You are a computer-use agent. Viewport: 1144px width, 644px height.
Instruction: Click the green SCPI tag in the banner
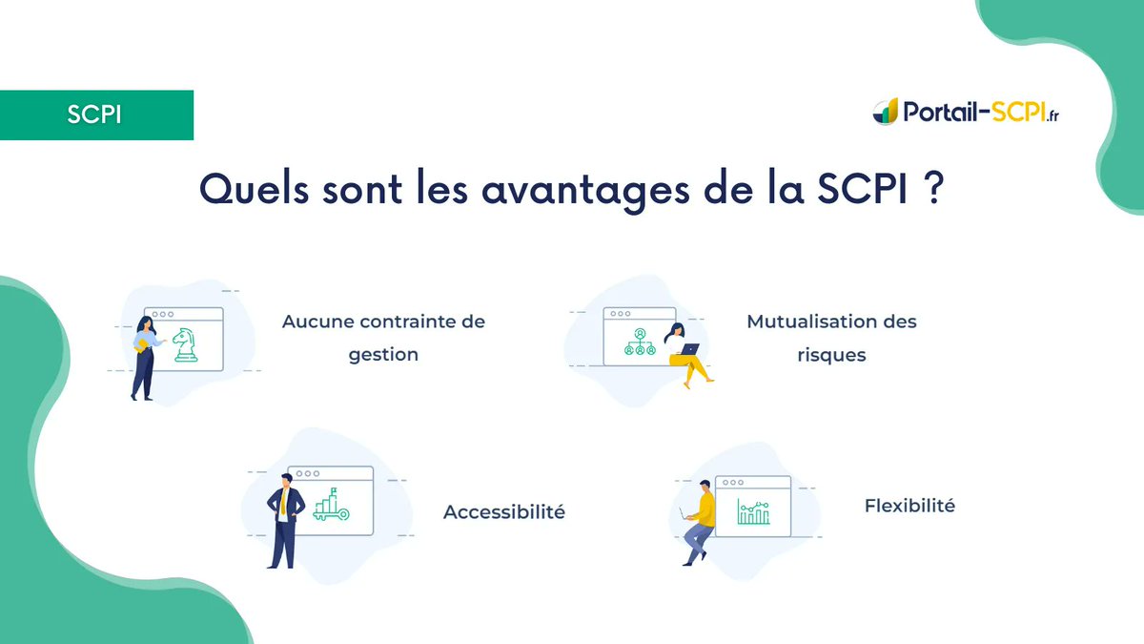pos(95,115)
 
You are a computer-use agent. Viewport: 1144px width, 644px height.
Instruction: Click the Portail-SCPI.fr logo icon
pos(886,112)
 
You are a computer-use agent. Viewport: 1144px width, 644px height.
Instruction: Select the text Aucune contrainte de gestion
pos(383,338)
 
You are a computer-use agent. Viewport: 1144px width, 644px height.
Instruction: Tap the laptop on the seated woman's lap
pos(688,349)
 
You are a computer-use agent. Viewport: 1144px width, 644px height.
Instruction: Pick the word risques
pos(831,355)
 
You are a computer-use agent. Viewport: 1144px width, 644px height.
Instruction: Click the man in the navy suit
pos(284,520)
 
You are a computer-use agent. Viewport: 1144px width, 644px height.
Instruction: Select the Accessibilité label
pos(504,512)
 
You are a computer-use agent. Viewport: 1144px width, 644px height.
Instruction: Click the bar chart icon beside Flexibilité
pos(753,512)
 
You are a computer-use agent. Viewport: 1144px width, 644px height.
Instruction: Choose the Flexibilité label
pos(909,507)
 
